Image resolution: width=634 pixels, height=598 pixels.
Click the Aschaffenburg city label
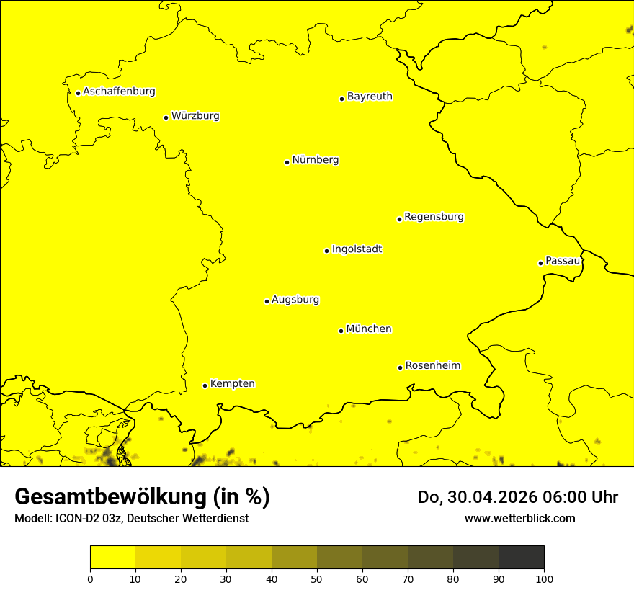coord(119,92)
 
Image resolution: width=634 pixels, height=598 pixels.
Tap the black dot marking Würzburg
coord(166,117)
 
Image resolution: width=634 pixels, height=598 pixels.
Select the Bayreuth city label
coord(370,97)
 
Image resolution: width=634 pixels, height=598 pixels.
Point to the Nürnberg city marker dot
coord(287,162)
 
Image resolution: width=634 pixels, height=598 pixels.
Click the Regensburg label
coord(434,217)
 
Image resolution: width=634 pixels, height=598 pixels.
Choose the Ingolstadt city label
coord(357,249)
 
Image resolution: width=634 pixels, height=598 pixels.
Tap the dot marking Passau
coord(540,263)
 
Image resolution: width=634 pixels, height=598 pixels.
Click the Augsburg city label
coord(295,300)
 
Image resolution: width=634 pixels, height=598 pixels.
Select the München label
coord(369,329)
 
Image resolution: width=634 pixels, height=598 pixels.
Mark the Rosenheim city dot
coord(400,367)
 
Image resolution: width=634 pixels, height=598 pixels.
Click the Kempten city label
coord(232,384)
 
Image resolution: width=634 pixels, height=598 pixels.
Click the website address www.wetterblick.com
coord(520,518)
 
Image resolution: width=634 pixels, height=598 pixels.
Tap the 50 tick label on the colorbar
coord(317,579)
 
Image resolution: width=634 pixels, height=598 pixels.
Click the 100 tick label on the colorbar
coord(544,579)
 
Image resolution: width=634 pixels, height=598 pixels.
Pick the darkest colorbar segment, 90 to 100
coord(521,558)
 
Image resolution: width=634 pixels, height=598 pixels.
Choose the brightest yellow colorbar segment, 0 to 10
coord(112,558)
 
